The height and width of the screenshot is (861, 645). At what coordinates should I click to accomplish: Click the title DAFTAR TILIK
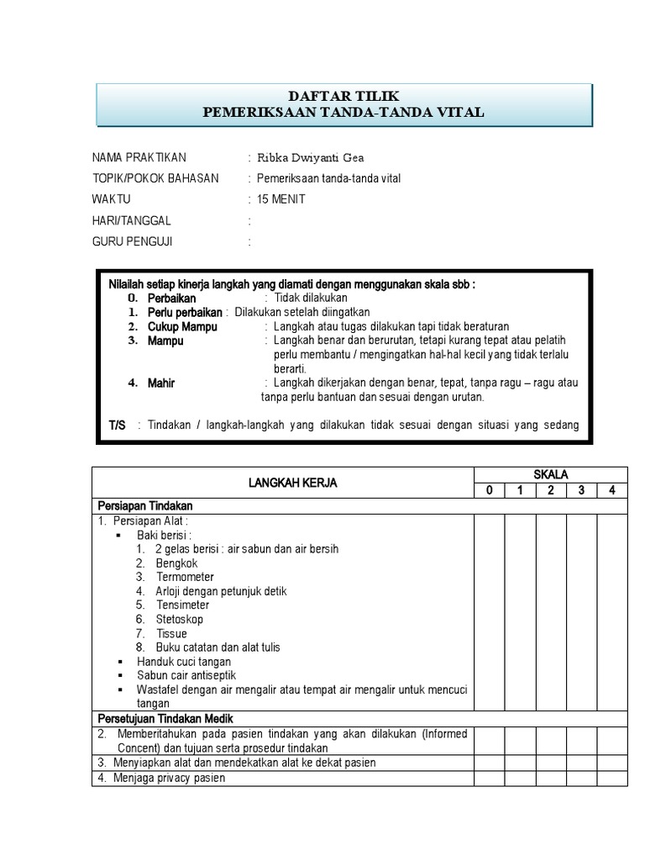[x=343, y=97]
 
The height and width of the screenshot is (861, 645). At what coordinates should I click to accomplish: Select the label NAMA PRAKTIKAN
[x=139, y=157]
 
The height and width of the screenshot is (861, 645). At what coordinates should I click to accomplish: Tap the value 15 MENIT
[x=281, y=199]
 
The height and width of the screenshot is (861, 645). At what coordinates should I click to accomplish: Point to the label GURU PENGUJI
[x=134, y=242]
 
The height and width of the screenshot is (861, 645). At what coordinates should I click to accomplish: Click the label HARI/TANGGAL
[x=131, y=220]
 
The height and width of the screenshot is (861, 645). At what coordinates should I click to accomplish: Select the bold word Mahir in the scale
[x=161, y=383]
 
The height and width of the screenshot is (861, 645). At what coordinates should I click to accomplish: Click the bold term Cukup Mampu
[x=182, y=326]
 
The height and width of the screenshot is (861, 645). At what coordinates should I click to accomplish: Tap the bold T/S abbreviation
[x=117, y=425]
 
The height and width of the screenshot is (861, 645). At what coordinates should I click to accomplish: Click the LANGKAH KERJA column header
[x=281, y=483]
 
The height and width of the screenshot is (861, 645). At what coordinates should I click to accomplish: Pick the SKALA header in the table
[x=551, y=475]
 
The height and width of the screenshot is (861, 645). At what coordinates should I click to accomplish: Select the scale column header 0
[x=489, y=491]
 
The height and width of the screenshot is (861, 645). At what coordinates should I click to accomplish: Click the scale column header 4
[x=612, y=491]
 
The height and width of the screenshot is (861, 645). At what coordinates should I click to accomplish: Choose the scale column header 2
[x=551, y=491]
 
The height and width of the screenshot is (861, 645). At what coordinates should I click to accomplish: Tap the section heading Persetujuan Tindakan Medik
[x=165, y=718]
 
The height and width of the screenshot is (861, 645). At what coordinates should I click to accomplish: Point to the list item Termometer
[x=185, y=577]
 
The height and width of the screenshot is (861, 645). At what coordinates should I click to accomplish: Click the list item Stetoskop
[x=180, y=619]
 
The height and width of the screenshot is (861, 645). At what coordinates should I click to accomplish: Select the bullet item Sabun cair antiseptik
[x=187, y=675]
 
